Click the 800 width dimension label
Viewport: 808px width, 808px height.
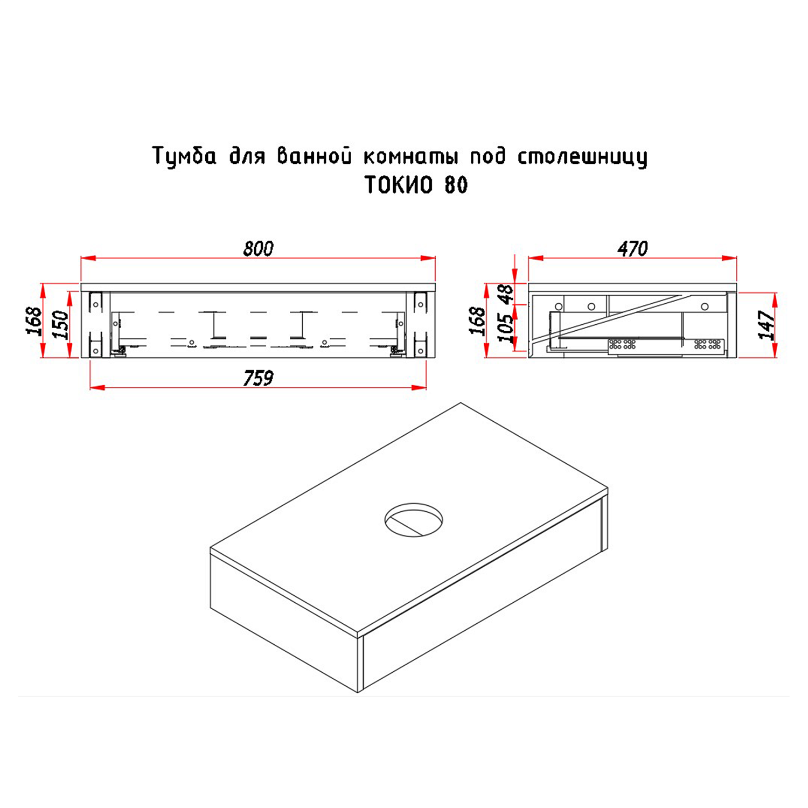click(x=259, y=248)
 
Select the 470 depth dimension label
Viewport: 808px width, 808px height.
click(x=632, y=248)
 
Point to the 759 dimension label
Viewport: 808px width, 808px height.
click(x=259, y=378)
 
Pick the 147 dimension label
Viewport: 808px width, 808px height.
click(x=767, y=325)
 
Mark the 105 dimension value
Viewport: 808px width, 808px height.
click(x=506, y=328)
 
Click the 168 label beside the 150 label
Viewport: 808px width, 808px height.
click(x=34, y=321)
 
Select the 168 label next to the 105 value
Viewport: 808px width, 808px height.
click(x=478, y=321)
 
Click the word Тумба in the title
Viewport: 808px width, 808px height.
click(x=185, y=156)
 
